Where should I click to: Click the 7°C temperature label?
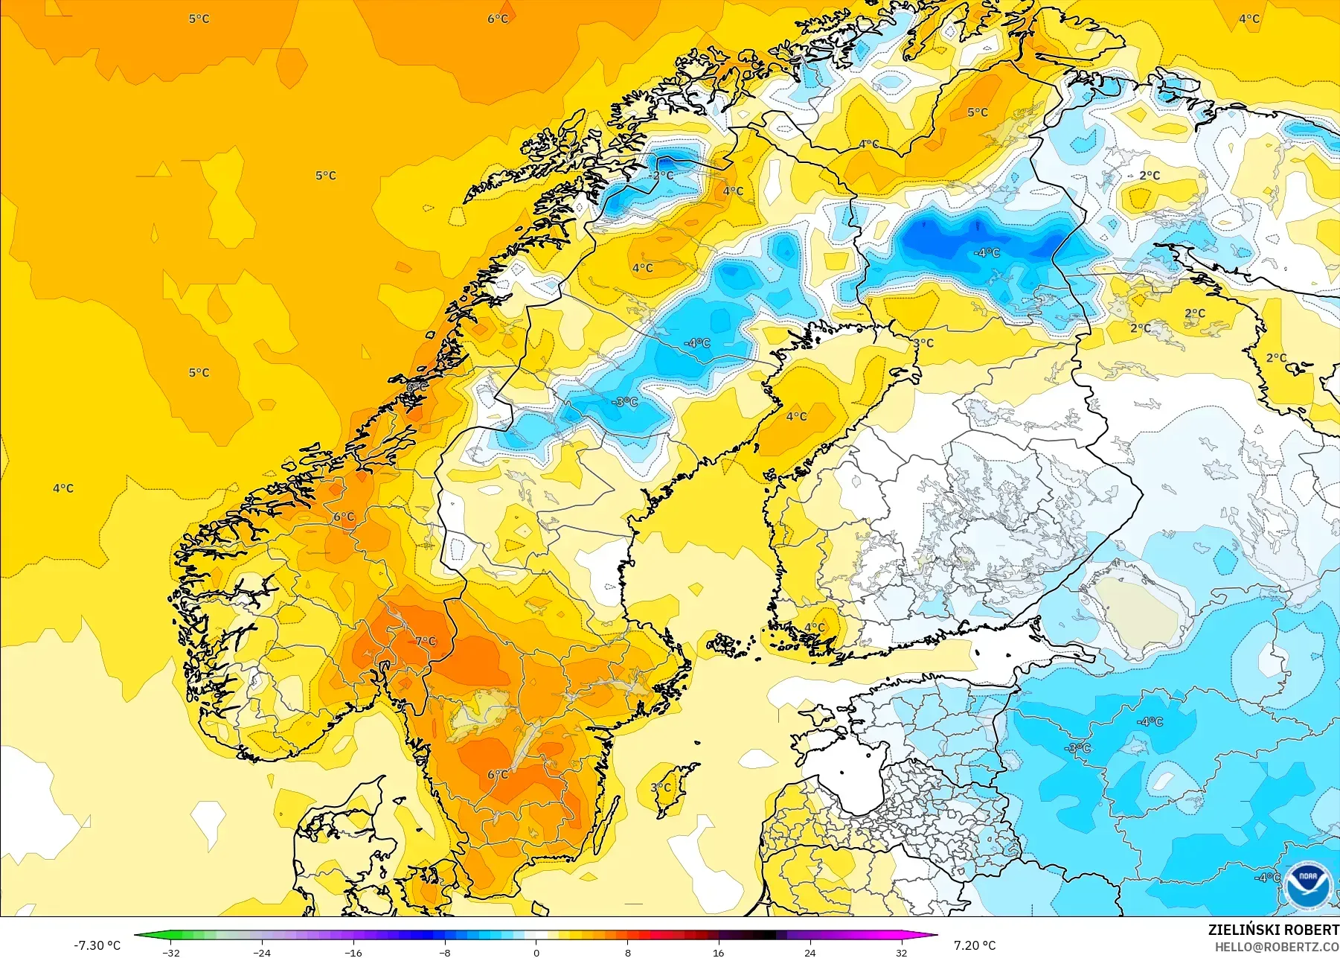point(426,641)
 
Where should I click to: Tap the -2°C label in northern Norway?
point(661,176)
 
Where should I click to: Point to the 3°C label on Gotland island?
point(661,787)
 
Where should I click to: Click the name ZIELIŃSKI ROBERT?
point(1273,930)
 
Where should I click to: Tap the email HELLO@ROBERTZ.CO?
point(1277,947)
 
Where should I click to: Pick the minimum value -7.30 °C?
point(97,945)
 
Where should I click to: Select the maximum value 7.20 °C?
point(975,945)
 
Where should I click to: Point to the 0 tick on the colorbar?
point(536,952)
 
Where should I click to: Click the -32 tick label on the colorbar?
point(171,952)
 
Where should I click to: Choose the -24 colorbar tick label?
point(262,952)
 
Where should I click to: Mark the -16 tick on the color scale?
point(353,952)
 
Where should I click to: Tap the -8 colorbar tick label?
point(444,952)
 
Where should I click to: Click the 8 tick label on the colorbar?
point(627,952)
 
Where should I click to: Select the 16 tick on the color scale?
point(718,952)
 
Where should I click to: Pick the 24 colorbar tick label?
point(810,952)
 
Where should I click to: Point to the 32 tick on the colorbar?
point(901,952)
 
